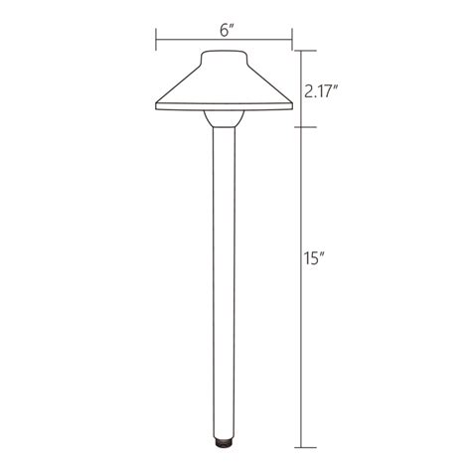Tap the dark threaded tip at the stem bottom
pyautogui.click(x=224, y=438)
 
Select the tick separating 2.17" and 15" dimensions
pyautogui.click(x=305, y=126)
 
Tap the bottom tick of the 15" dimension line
pyautogui.click(x=305, y=442)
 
